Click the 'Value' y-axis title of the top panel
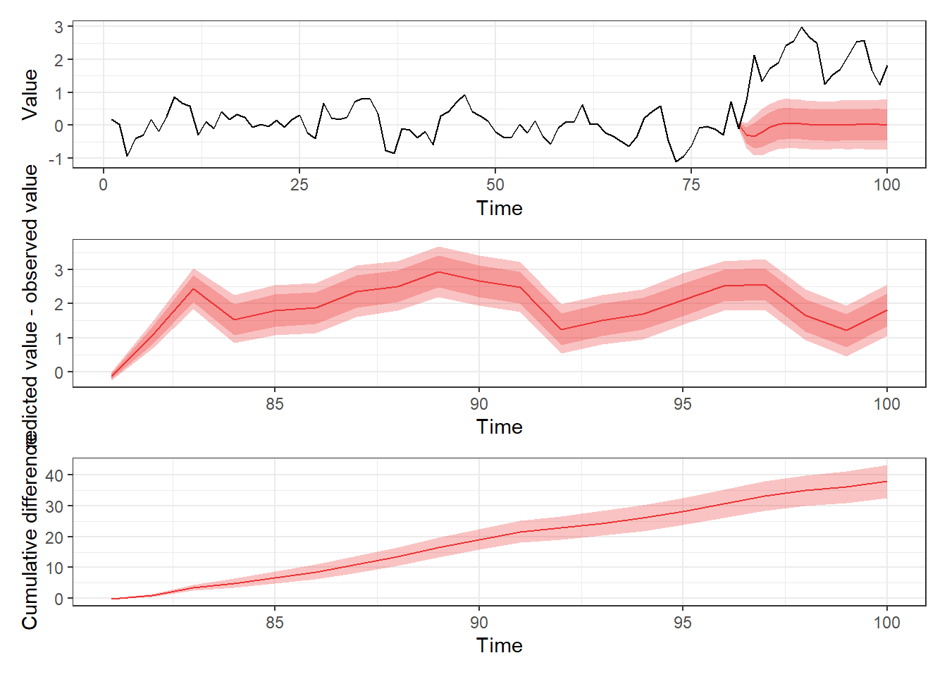[30, 94]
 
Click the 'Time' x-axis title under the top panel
[499, 209]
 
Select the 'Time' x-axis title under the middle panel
[499, 427]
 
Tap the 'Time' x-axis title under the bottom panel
[499, 646]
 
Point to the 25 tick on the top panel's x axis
[299, 185]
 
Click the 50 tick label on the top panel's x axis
[495, 185]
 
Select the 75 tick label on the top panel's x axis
[691, 185]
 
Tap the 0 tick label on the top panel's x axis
[104, 185]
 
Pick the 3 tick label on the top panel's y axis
[59, 28]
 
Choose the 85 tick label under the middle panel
[275, 404]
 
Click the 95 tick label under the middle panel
[682, 404]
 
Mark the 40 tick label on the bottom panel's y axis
[54, 475]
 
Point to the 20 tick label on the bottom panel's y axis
[54, 537]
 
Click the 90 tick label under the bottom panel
[478, 623]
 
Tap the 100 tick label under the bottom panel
[886, 623]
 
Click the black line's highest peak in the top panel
[801, 28]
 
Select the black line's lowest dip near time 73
[676, 161]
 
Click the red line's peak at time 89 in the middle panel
[438, 272]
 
